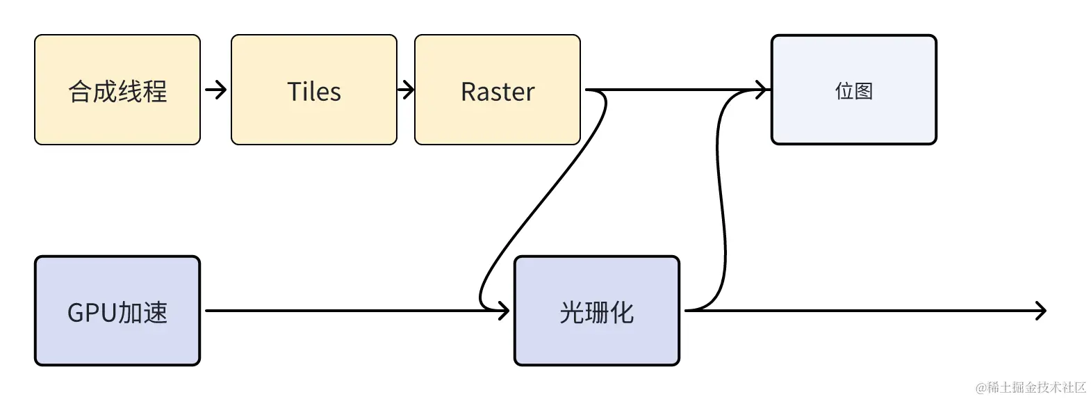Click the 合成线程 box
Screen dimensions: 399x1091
pyautogui.click(x=117, y=90)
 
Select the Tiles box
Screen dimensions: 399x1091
pyautogui.click(x=313, y=90)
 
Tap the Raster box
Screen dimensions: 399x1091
pyautogui.click(x=497, y=90)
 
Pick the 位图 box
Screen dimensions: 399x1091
pyautogui.click(x=853, y=90)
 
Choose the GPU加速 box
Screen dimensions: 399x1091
pyautogui.click(x=117, y=311)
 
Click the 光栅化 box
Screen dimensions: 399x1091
pyautogui.click(x=596, y=311)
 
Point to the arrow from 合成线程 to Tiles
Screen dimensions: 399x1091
pyautogui.click(x=216, y=90)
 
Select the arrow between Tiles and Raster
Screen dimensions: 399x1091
pyautogui.click(x=406, y=90)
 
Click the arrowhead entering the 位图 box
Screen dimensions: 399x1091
pyautogui.click(x=762, y=90)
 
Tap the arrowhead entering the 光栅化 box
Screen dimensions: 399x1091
pyautogui.click(x=504, y=311)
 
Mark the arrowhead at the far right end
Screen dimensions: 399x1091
pyautogui.click(x=1040, y=311)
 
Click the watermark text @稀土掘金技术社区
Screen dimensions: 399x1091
pyautogui.click(x=1031, y=387)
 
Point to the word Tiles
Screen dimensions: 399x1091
pyautogui.click(x=314, y=92)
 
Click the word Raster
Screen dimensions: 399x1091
pyautogui.click(x=498, y=92)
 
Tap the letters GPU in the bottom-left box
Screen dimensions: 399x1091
pyautogui.click(x=92, y=313)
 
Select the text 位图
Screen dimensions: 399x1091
pyautogui.click(x=853, y=91)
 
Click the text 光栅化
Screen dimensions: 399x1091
pyautogui.click(x=596, y=313)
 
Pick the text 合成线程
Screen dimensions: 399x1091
pyautogui.click(x=117, y=92)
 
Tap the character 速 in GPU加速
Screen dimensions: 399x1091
pyautogui.click(x=155, y=313)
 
